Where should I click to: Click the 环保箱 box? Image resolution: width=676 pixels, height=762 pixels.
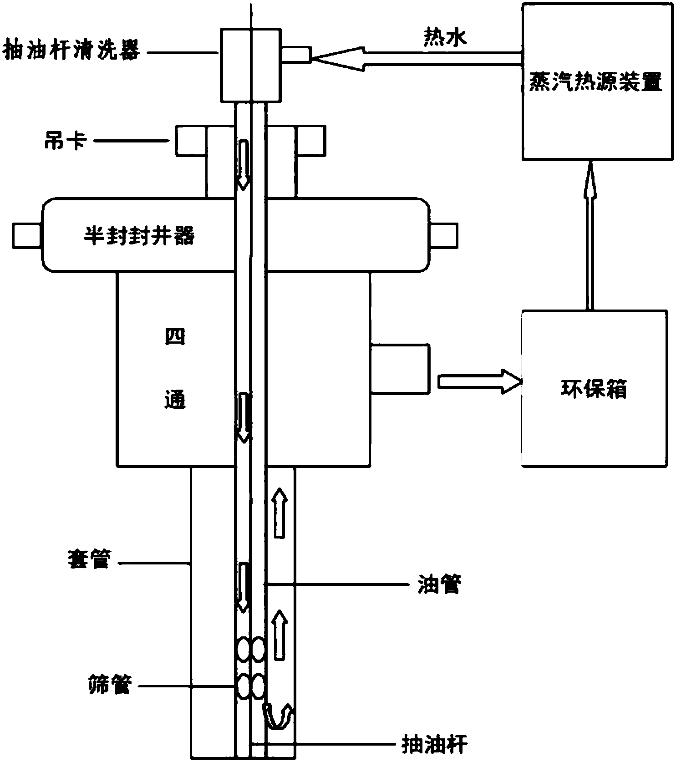(x=594, y=388)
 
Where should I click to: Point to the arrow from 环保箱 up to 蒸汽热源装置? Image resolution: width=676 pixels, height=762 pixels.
(x=590, y=234)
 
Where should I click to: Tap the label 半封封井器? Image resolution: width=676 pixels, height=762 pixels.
(x=139, y=236)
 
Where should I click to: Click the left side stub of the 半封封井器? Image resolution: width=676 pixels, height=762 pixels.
(x=26, y=236)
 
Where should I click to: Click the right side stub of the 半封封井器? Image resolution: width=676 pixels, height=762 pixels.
(x=444, y=236)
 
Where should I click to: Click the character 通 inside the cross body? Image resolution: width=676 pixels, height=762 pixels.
(x=175, y=400)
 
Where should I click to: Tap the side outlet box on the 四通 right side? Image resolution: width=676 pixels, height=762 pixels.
(x=400, y=368)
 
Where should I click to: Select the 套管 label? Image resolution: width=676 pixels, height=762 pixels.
(x=89, y=559)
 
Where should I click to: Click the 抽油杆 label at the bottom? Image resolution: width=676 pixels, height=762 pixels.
(x=435, y=745)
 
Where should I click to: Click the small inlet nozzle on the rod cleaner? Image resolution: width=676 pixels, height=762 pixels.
(x=296, y=55)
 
